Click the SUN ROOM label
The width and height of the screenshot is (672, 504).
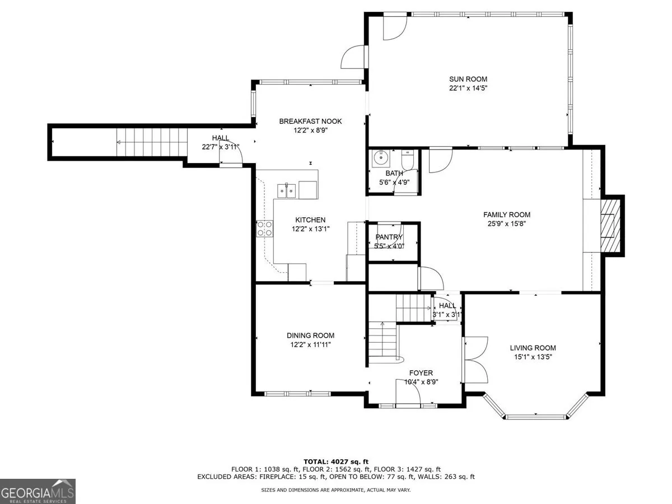(468, 79)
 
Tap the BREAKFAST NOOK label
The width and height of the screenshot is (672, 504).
(310, 121)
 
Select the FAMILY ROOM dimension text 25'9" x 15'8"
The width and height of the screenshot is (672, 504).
(506, 223)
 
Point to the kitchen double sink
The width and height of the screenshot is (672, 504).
(286, 190)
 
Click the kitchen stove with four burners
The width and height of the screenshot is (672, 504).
(265, 228)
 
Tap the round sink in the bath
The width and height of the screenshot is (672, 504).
(381, 158)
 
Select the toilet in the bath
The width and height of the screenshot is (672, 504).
(408, 159)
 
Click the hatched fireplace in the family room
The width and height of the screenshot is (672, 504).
(610, 226)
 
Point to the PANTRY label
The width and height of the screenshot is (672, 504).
(389, 237)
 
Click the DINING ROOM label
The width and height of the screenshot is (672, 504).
(310, 335)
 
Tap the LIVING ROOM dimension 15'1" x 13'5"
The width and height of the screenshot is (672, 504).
(533, 357)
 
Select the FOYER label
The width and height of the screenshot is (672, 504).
(421, 373)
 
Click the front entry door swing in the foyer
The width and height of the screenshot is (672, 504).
(408, 391)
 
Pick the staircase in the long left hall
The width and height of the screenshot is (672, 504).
(152, 142)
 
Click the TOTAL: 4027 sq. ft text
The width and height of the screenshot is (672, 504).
(336, 462)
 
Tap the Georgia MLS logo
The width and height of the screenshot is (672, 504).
(38, 491)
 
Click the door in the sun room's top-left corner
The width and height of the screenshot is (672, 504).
(395, 28)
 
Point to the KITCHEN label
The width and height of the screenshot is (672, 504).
(310, 220)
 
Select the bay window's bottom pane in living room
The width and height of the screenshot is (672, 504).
(536, 417)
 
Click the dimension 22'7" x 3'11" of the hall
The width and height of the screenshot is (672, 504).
(221, 147)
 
